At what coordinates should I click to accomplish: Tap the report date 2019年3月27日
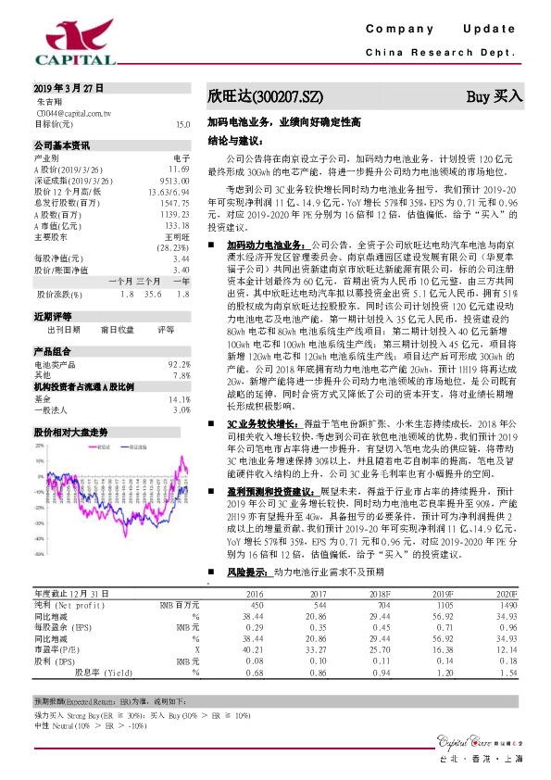(x=66, y=88)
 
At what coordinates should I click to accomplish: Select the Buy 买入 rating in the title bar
(x=494, y=95)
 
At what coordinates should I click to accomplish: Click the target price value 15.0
(x=182, y=123)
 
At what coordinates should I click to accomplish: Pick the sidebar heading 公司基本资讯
(x=62, y=145)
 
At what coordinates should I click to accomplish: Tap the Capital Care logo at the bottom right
(x=472, y=740)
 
